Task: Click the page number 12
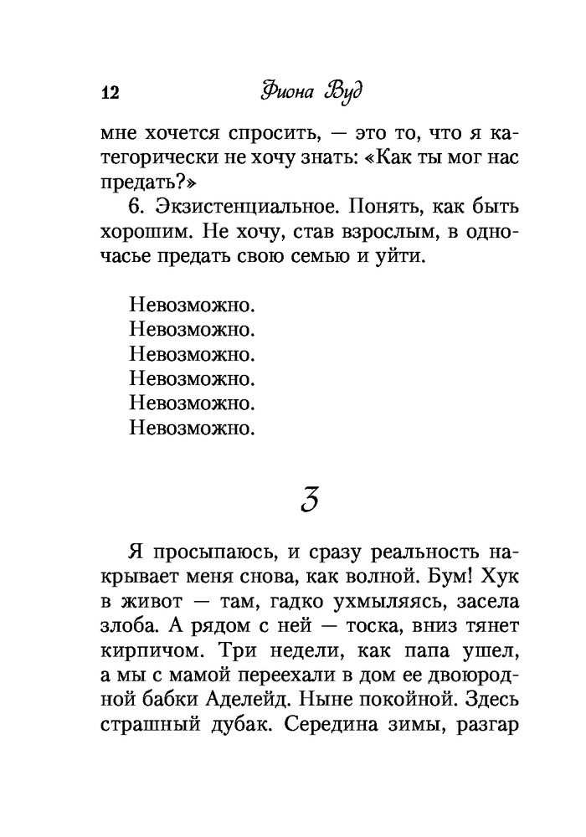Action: pyautogui.click(x=109, y=92)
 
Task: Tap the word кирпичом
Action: pyautogui.click(x=148, y=651)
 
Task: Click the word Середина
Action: pyautogui.click(x=329, y=722)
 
